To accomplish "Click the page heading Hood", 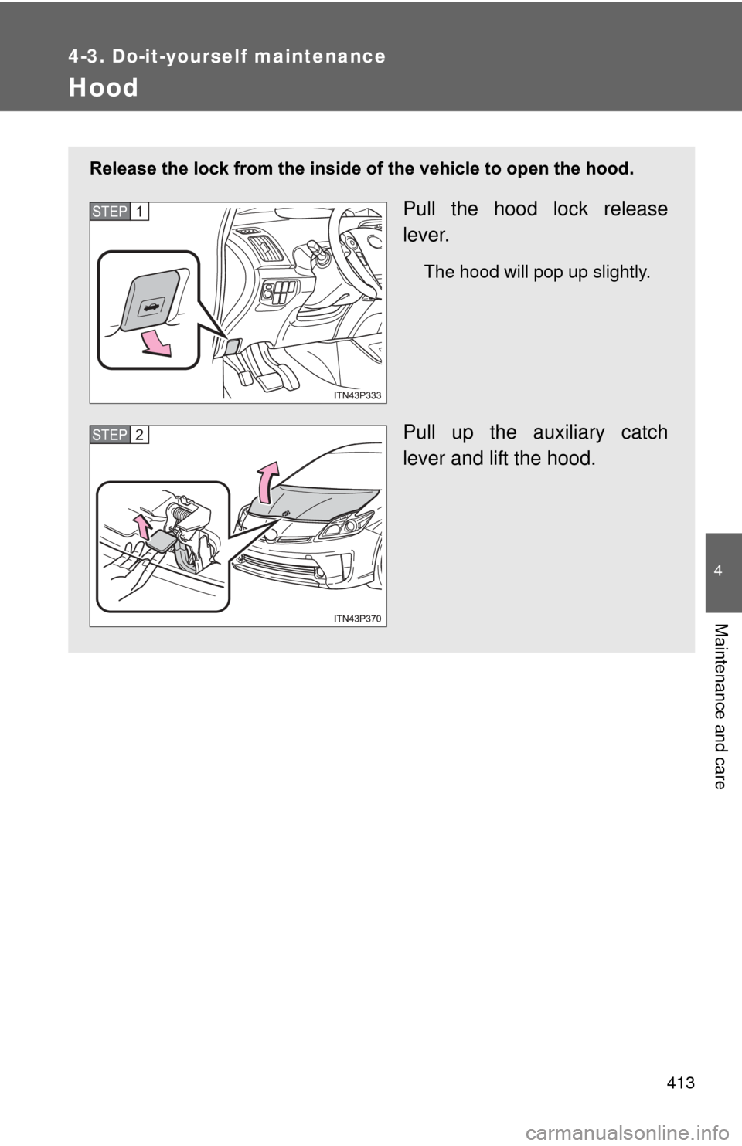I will pyautogui.click(x=104, y=88).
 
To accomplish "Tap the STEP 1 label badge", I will pyautogui.click(x=119, y=212).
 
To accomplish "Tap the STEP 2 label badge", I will pyautogui.click(x=119, y=435).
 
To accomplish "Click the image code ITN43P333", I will pyautogui.click(x=358, y=395).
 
